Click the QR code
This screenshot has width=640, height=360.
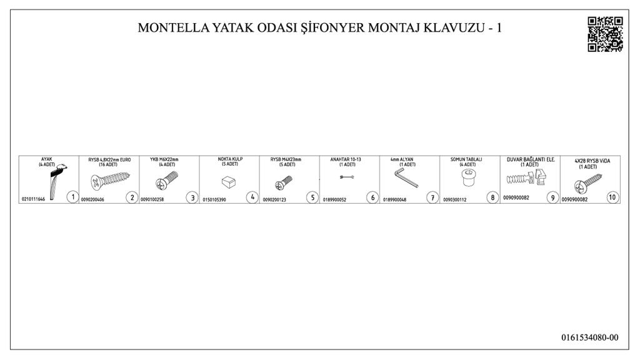[x=605, y=34]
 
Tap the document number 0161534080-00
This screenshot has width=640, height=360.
[x=589, y=337]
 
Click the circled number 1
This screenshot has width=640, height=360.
[x=72, y=197]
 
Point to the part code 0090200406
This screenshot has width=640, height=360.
[x=92, y=199]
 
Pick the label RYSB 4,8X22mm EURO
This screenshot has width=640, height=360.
[x=109, y=159]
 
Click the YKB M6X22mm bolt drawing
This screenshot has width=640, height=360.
[x=167, y=180]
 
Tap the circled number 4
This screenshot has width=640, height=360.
[x=252, y=197]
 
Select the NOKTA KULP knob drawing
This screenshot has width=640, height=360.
[x=229, y=182]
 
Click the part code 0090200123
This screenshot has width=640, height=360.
[x=274, y=199]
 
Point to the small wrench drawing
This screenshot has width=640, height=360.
[x=346, y=177]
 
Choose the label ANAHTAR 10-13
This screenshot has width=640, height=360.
[x=346, y=159]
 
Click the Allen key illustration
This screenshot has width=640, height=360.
[x=406, y=177]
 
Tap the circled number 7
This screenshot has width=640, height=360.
[x=432, y=197]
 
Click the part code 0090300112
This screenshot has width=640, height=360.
[x=455, y=199]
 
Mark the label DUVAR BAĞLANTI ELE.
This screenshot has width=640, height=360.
[x=531, y=159]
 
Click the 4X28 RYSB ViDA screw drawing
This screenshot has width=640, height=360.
[x=587, y=184]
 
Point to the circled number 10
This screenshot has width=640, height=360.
[x=612, y=197]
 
